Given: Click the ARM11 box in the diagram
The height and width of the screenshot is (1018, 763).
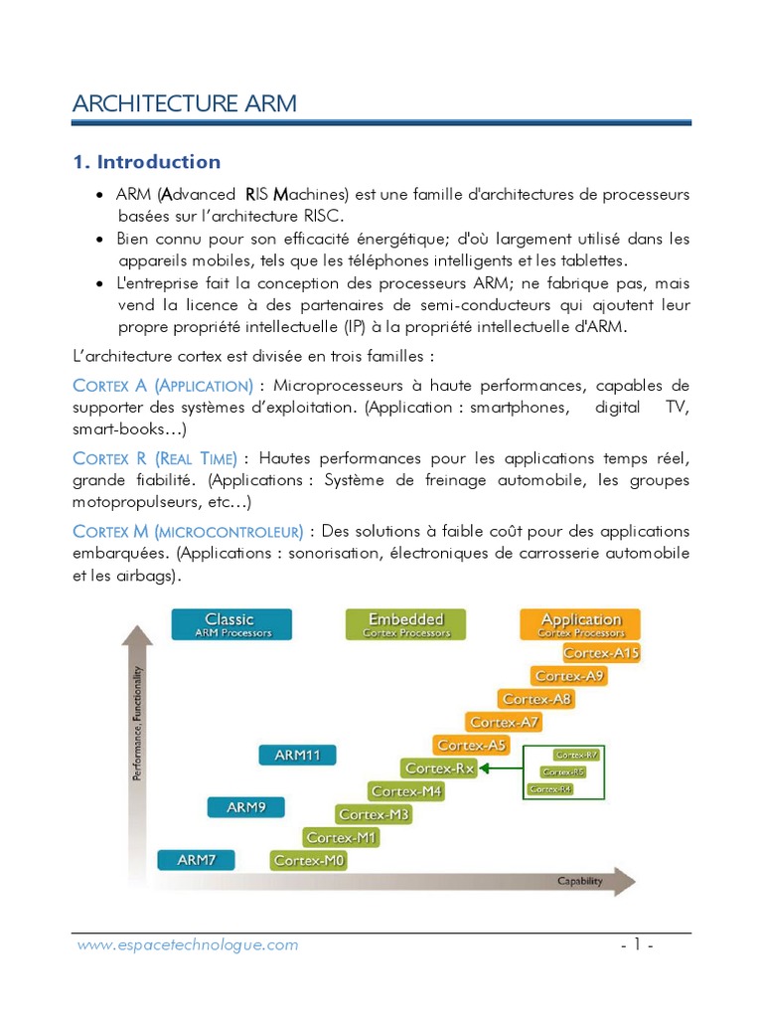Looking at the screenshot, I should coord(298,755).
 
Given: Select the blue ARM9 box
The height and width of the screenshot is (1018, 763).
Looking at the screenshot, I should coord(246,807).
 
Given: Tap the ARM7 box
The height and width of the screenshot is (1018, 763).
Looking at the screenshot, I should coord(197,860).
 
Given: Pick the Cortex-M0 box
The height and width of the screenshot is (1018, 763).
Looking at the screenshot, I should coord(309,860).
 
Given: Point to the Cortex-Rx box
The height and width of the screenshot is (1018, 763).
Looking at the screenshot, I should coord(440,767).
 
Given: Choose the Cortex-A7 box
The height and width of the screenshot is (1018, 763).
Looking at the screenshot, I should coord(505,722).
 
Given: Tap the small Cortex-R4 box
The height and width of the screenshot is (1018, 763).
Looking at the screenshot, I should coord(551,788).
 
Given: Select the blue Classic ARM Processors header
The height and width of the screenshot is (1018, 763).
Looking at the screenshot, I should coord(231,624).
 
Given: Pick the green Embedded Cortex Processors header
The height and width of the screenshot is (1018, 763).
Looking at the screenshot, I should coord(406,624).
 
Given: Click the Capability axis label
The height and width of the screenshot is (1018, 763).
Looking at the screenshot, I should coord(580,880).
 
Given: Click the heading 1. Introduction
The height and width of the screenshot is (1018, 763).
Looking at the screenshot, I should coord(147,162).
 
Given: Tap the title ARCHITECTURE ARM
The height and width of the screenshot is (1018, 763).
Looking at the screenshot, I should coord(185,103).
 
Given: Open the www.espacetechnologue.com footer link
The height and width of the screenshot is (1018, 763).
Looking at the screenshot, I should coord(188,945).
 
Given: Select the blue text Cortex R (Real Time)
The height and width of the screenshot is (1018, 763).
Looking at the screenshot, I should coord(155,458).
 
